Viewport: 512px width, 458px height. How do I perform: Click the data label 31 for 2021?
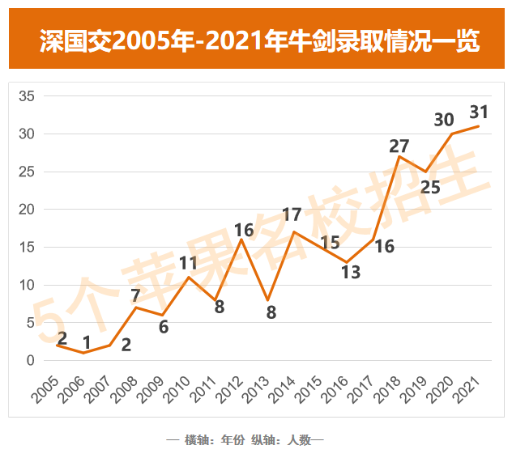[480, 111]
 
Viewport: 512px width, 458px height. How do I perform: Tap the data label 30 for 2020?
[443, 120]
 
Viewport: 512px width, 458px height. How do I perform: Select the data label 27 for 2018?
[399, 146]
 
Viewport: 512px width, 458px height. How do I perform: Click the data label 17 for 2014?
[292, 215]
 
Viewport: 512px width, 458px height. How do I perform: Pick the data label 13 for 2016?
[351, 272]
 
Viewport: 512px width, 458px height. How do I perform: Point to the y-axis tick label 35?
[26, 96]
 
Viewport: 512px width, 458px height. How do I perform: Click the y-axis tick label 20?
[26, 210]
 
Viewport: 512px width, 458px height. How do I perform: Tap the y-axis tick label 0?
[30, 361]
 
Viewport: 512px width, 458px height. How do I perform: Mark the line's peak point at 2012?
[241, 240]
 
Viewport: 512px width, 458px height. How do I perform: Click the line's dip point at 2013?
[267, 300]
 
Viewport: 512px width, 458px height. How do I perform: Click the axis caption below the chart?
[245, 440]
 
